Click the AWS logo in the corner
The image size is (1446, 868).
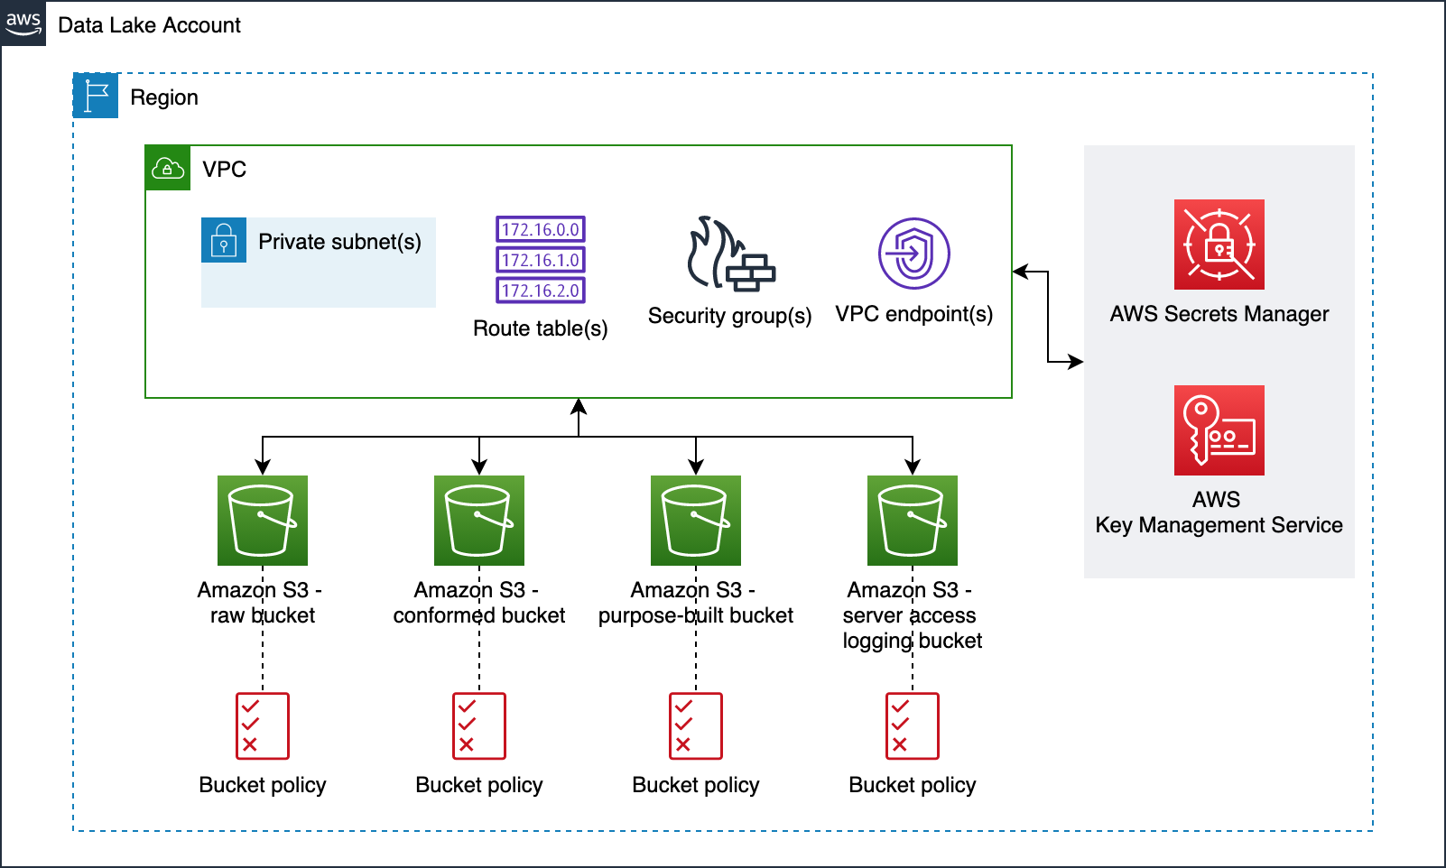[x=23, y=23]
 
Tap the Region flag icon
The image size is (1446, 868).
[x=96, y=96]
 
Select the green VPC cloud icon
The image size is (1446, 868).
[x=168, y=168]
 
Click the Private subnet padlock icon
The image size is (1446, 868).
[x=224, y=240]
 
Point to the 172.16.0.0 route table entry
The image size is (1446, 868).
[x=541, y=229]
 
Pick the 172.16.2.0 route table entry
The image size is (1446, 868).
[x=541, y=291]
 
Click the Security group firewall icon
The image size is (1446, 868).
[x=730, y=254]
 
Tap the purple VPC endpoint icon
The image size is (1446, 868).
[x=913, y=254]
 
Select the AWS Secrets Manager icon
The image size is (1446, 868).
[x=1219, y=245]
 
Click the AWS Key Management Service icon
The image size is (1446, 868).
[x=1219, y=430]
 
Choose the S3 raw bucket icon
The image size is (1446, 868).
[x=263, y=521]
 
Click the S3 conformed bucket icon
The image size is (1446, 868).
[x=479, y=521]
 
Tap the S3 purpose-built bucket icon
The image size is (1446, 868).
[x=696, y=521]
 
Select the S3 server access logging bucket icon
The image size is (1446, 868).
[x=913, y=521]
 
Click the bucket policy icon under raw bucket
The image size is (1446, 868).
[x=263, y=726]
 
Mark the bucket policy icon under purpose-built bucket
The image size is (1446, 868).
[x=696, y=726]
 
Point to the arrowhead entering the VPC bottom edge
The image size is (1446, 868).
[x=579, y=405]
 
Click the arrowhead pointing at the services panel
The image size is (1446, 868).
[x=1075, y=362]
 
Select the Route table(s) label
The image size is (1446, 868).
[x=541, y=328]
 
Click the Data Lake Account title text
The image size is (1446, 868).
[x=150, y=25]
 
